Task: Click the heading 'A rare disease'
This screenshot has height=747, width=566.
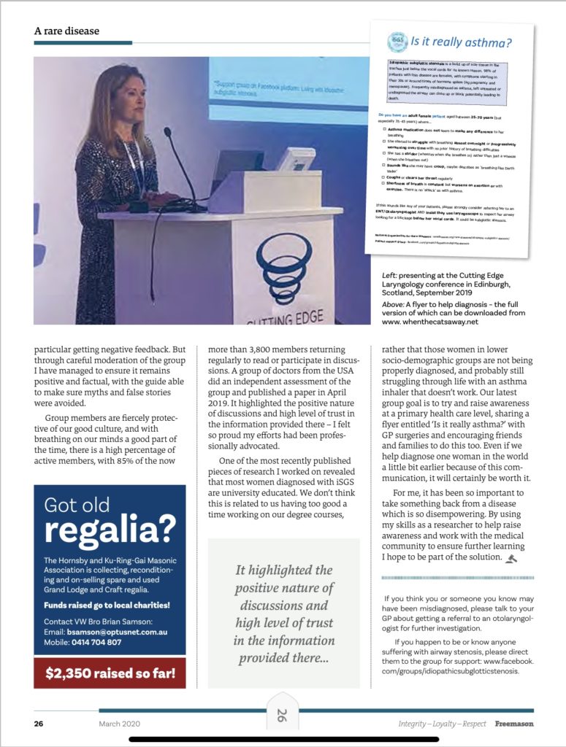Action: [66, 31]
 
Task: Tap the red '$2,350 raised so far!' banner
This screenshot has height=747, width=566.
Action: [110, 673]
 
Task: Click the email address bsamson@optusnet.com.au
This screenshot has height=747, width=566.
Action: [125, 630]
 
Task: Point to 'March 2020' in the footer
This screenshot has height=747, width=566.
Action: [120, 724]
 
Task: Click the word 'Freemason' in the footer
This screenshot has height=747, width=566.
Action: [515, 724]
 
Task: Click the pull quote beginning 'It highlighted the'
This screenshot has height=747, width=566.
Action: [283, 614]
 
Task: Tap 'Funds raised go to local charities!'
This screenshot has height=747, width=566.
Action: [102, 605]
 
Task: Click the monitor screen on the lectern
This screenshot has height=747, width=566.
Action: [299, 158]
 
